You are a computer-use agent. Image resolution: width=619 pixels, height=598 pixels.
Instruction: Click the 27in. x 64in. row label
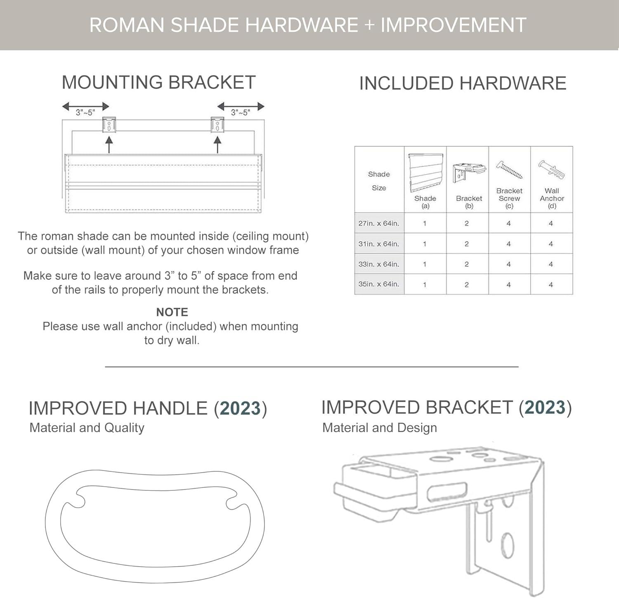(378, 223)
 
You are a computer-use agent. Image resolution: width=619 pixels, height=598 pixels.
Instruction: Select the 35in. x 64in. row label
(378, 284)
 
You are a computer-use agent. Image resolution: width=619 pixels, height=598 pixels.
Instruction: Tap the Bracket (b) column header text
(469, 202)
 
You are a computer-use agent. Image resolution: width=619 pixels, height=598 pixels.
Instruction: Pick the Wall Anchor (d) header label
(552, 198)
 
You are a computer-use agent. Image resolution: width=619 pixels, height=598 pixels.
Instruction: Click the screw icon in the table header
(510, 170)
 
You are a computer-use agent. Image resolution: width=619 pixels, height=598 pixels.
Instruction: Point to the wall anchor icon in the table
(551, 169)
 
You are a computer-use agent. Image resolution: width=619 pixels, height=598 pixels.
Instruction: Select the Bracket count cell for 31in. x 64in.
(467, 244)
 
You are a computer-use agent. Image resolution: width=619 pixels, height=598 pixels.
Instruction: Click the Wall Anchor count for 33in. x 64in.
(550, 264)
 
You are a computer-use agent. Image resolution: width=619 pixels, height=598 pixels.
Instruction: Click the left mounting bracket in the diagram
(109, 125)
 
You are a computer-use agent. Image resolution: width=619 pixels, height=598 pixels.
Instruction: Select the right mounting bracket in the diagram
(217, 125)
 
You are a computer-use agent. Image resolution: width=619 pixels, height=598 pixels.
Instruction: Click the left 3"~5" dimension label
(85, 113)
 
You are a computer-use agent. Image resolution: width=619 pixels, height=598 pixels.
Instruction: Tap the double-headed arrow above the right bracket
(241, 106)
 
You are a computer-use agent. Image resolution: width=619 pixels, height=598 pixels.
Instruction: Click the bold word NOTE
(172, 312)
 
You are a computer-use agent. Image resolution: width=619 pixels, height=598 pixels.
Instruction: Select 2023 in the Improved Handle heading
(241, 408)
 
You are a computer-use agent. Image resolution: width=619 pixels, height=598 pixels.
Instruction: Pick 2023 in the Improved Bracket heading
(545, 407)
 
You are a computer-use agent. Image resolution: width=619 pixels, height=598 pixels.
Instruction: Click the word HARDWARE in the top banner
(302, 25)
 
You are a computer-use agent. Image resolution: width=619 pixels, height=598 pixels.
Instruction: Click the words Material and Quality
(87, 428)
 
